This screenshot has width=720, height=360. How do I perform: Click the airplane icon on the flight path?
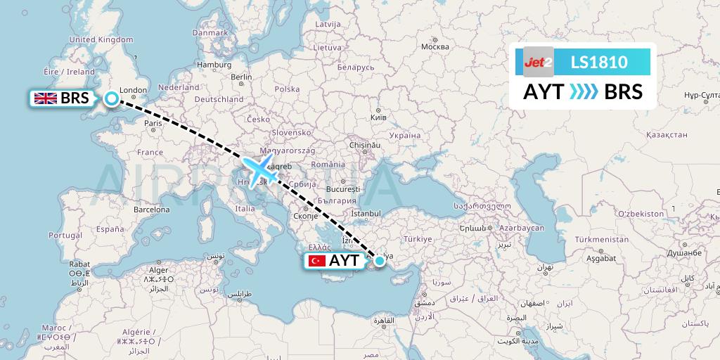(x=259, y=169)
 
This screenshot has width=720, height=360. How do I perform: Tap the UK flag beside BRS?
(x=46, y=98)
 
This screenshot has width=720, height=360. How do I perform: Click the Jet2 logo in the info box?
(x=538, y=62)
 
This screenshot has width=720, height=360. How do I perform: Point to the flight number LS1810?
(x=599, y=62)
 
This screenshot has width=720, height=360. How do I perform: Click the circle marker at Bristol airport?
(x=111, y=98)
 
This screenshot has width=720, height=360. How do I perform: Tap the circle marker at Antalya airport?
(x=380, y=261)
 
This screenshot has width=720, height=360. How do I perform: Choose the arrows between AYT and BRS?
(x=582, y=92)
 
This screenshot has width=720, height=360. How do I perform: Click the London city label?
(x=133, y=90)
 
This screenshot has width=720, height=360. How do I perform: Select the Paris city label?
(x=153, y=123)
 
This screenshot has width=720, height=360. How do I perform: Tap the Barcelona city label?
(x=152, y=210)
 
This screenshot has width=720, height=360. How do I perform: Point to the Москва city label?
(x=435, y=47)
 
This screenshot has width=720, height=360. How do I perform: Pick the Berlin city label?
(x=241, y=77)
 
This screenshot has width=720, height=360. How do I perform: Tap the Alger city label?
(x=159, y=270)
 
